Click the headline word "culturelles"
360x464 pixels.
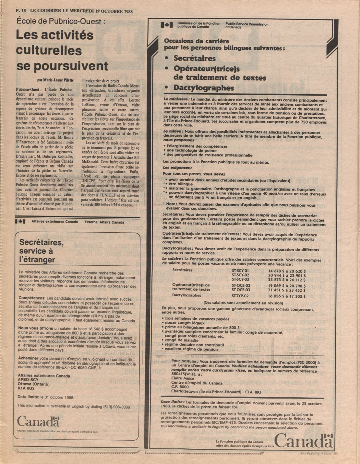(x=49, y=51)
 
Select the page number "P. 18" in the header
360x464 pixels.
(x=20, y=11)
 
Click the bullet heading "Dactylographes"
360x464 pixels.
(x=204, y=88)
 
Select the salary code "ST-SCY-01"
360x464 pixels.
(x=240, y=271)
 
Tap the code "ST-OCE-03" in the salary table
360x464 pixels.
(x=241, y=290)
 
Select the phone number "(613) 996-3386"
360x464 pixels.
(x=116, y=405)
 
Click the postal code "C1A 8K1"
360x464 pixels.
(x=253, y=391)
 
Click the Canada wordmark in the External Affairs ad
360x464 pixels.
(x=38, y=422)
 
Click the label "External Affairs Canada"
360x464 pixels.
(x=104, y=222)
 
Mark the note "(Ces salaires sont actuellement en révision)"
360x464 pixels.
(x=243, y=303)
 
